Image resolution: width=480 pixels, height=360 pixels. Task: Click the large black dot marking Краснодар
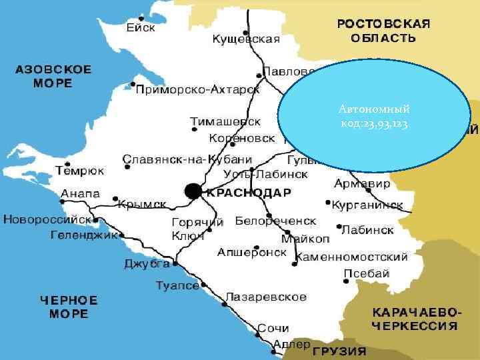pyautogui.click(x=193, y=192)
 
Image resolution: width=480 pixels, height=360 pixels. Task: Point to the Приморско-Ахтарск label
pyautogui.click(x=198, y=89)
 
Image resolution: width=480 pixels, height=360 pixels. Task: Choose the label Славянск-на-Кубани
pyautogui.click(x=187, y=159)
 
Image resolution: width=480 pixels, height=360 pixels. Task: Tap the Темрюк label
pyautogui.click(x=80, y=171)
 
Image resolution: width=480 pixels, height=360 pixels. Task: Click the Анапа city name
pyautogui.click(x=80, y=194)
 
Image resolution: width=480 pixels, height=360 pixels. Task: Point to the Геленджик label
pyautogui.click(x=84, y=235)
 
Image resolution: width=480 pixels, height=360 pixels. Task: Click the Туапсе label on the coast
pyautogui.click(x=177, y=285)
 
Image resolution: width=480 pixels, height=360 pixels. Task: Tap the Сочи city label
pyautogui.click(x=273, y=328)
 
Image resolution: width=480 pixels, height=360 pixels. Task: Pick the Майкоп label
pyautogui.click(x=305, y=239)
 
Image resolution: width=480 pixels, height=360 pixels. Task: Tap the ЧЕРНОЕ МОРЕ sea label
pyautogui.click(x=69, y=307)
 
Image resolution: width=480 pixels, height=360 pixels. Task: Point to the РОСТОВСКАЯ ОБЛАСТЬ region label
pyautogui.click(x=383, y=31)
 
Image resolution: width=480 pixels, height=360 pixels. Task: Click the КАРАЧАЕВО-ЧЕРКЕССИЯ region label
pyautogui.click(x=415, y=319)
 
